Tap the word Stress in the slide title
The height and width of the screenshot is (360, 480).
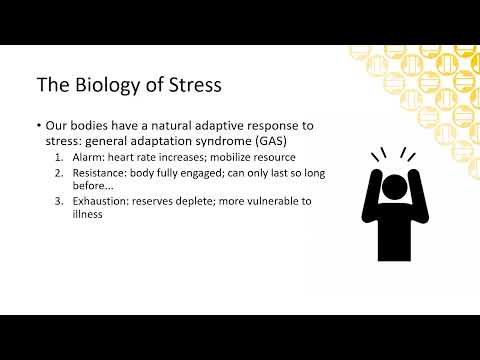pyautogui.click(x=189, y=85)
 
